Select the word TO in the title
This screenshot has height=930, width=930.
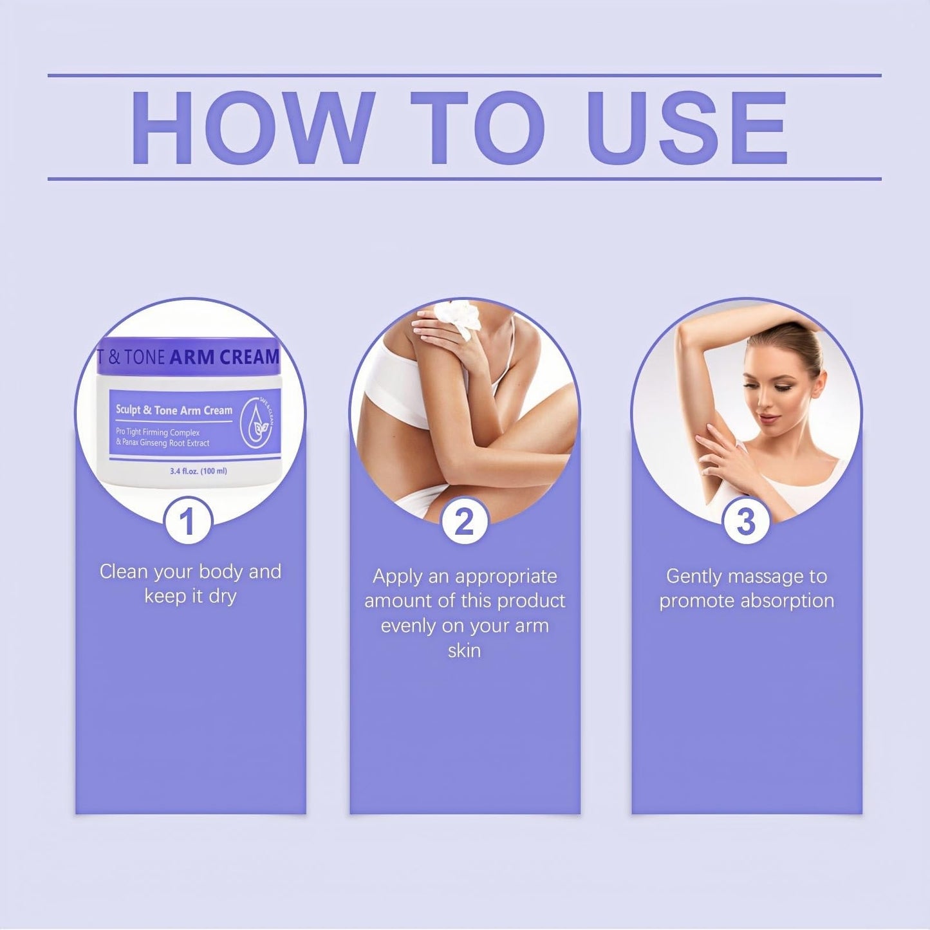click(x=478, y=129)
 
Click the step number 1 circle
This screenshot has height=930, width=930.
click(x=187, y=521)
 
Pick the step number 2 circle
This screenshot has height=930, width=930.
click(x=465, y=521)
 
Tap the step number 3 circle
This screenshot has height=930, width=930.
click(x=746, y=521)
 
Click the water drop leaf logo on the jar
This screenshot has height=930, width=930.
click(x=257, y=423)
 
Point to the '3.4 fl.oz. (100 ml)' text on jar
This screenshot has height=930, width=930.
click(x=198, y=471)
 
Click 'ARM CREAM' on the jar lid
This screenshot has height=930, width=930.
click(x=224, y=357)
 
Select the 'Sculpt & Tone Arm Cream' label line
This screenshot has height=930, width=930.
click(x=174, y=410)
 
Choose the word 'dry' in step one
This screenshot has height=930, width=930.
click(x=222, y=597)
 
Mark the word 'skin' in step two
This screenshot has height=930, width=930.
click(x=464, y=650)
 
